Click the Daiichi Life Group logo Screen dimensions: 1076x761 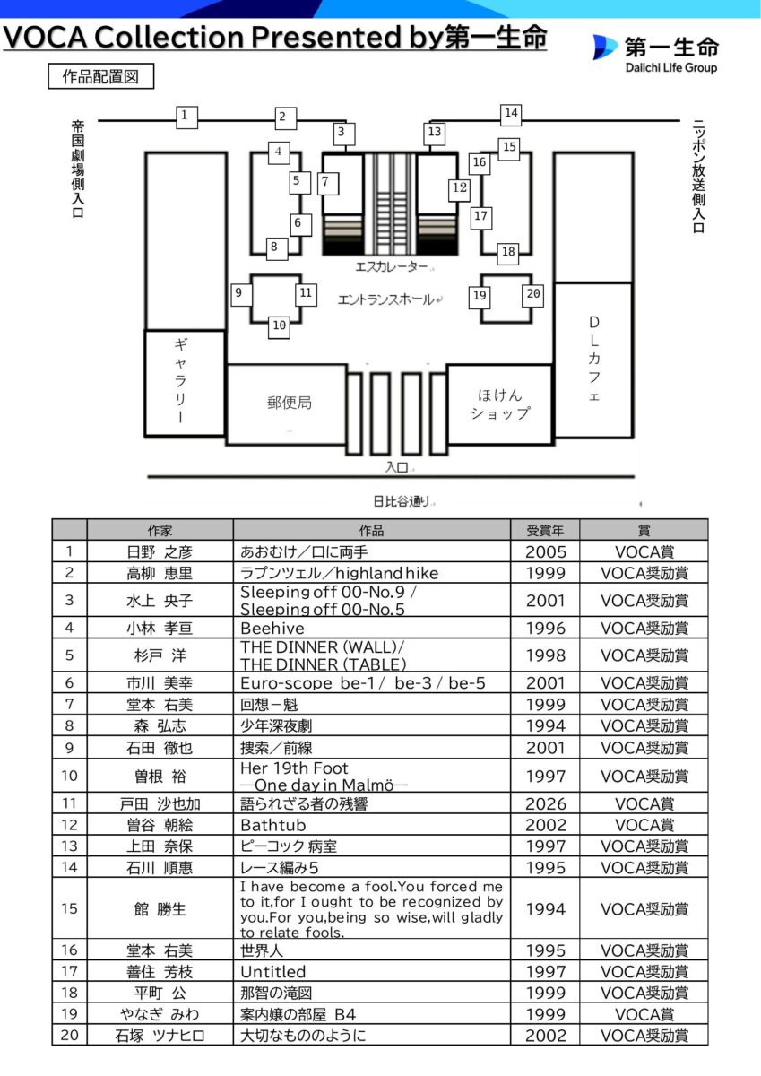click(654, 53)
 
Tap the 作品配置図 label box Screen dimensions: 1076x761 click(100, 76)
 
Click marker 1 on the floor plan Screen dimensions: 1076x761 click(185, 116)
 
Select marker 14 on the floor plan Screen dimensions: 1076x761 click(511, 114)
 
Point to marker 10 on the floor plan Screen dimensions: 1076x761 click(279, 326)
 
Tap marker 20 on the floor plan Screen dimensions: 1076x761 click(533, 294)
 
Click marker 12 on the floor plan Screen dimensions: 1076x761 click(460, 188)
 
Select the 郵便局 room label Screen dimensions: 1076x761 click(289, 403)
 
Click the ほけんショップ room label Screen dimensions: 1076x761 click(500, 403)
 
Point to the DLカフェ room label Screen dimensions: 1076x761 click(593, 359)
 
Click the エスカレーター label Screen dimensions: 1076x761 click(393, 267)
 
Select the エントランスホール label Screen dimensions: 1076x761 click(385, 299)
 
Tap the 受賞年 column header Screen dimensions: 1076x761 click(545, 529)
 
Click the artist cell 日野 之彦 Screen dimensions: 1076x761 click(160, 551)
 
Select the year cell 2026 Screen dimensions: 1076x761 click(545, 803)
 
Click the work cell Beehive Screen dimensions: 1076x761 click(272, 629)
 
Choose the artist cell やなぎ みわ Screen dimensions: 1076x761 click(160, 1014)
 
